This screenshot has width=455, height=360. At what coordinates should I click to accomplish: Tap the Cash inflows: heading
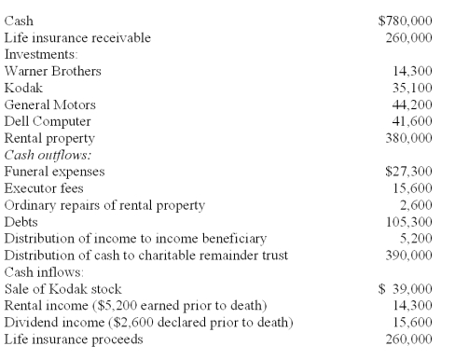tap(40, 272)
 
